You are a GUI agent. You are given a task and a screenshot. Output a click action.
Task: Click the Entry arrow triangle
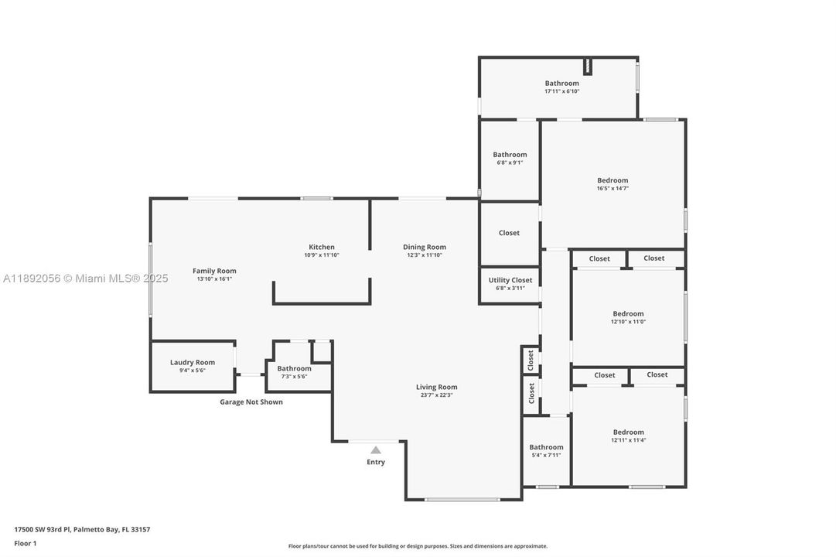click(x=375, y=449)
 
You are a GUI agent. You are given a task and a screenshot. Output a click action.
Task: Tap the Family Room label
click(x=214, y=271)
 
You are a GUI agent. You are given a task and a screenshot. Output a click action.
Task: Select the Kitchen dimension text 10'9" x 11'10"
click(x=321, y=255)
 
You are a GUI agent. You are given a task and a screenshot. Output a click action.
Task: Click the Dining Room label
click(x=425, y=247)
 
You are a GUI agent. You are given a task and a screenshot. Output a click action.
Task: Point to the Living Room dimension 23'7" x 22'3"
click(x=436, y=395)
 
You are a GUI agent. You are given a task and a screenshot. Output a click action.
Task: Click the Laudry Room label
click(x=193, y=362)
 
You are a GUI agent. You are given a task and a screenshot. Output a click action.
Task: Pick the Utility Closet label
click(x=510, y=280)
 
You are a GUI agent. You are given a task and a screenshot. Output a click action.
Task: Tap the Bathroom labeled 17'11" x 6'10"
click(x=561, y=84)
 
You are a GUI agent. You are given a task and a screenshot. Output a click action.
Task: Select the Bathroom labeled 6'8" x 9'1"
click(x=510, y=155)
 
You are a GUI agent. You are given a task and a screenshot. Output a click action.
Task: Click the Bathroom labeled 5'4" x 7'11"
click(x=546, y=447)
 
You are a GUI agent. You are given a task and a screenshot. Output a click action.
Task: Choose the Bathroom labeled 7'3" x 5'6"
click(x=294, y=368)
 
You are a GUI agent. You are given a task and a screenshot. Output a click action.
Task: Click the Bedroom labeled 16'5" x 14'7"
click(x=612, y=180)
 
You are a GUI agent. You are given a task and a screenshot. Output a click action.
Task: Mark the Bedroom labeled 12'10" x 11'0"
click(x=628, y=314)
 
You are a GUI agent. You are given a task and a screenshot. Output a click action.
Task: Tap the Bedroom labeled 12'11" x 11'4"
click(x=628, y=432)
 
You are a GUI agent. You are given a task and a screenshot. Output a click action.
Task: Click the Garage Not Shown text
click(x=251, y=402)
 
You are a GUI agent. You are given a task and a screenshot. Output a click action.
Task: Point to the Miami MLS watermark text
click(x=85, y=278)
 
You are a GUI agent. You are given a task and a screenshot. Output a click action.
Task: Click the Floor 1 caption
click(x=25, y=544)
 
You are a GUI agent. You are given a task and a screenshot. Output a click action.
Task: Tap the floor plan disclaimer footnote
click(x=418, y=546)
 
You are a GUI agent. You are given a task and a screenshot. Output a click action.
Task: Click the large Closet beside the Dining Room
click(x=509, y=233)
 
